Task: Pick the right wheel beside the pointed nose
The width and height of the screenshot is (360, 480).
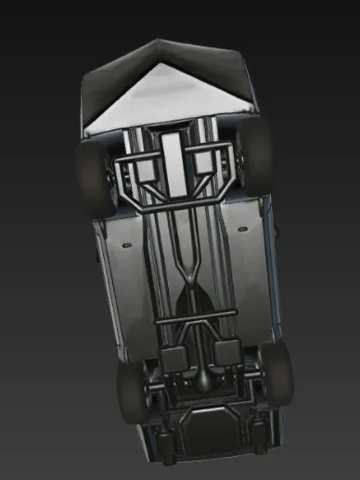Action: pyautogui.click(x=256, y=153)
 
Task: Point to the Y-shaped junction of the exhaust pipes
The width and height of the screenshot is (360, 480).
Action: pyautogui.click(x=189, y=269)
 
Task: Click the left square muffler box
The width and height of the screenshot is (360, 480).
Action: pyautogui.click(x=174, y=357)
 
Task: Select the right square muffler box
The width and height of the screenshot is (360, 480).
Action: pyautogui.click(x=226, y=351)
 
